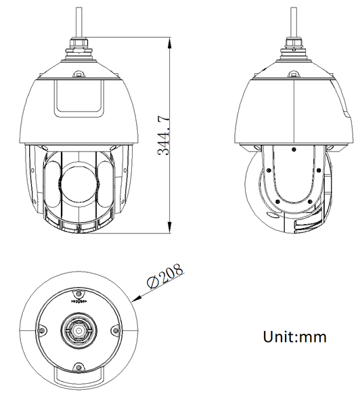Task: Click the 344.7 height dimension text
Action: tap(164, 135)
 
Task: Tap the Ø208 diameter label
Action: tap(165, 276)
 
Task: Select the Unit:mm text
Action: tap(294, 336)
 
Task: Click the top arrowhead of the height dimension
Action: tap(170, 43)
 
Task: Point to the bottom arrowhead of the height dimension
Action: tap(170, 227)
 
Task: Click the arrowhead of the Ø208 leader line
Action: tap(136, 299)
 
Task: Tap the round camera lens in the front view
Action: tap(78, 184)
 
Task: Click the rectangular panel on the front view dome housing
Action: tap(79, 99)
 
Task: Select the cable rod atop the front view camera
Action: tap(79, 22)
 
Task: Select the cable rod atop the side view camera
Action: tap(294, 22)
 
